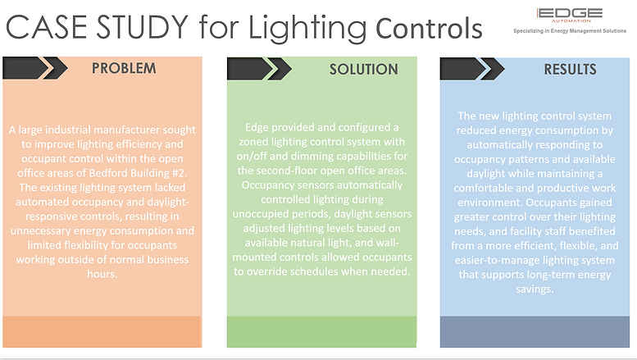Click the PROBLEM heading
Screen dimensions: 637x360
[x=124, y=68]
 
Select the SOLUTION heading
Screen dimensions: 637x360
[x=364, y=70]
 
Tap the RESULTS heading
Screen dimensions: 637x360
[x=570, y=70]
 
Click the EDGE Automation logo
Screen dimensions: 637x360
[x=569, y=15]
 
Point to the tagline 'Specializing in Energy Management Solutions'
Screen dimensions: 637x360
[x=570, y=31]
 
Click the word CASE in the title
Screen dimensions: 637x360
[x=46, y=28]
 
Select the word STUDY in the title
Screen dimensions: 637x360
[x=142, y=28]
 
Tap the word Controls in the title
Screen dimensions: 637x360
[x=429, y=29]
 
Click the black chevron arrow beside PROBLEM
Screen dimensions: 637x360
[x=35, y=68]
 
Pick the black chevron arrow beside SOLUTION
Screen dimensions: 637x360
[x=259, y=69]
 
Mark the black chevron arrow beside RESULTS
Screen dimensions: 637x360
[x=472, y=69]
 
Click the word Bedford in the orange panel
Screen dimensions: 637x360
[x=107, y=173]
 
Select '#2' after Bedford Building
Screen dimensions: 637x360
[x=180, y=173]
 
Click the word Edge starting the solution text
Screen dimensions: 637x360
[x=257, y=128]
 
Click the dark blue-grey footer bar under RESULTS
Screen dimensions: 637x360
[x=535, y=332]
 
